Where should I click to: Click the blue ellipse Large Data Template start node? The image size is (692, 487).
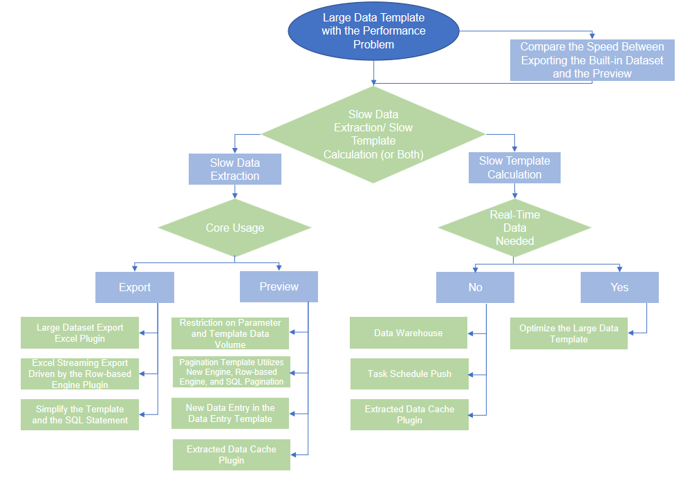373,32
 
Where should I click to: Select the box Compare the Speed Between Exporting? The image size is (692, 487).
592,60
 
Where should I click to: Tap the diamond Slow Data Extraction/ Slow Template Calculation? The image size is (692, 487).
373,134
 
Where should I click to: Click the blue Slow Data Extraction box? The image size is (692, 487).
235,169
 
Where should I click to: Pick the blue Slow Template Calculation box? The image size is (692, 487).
514,167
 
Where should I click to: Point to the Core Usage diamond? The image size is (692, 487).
235,228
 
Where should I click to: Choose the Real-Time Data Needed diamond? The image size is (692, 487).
514,228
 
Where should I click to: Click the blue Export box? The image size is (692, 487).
135,287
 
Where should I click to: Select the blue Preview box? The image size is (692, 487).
279,287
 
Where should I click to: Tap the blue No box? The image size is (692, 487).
475,287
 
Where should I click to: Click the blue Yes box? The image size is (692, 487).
619,287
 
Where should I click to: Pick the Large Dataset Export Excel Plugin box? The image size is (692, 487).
80,333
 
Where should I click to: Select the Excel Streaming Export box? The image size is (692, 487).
80,374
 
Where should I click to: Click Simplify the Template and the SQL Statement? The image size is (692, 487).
80,414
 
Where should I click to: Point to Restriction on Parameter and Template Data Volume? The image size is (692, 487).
230,333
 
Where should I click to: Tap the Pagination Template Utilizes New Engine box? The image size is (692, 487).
231,372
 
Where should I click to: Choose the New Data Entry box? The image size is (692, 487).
230,413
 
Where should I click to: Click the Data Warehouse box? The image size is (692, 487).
409,333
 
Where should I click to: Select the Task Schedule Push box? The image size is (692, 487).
409,374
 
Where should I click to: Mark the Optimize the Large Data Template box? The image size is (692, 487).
568,333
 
